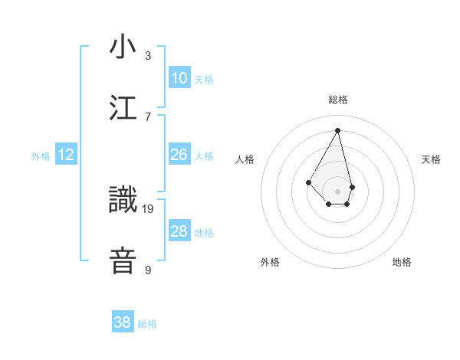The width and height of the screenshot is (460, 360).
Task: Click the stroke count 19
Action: (x=148, y=208)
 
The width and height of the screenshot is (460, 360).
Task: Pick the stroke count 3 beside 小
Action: (x=148, y=56)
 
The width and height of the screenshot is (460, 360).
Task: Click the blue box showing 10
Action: (x=179, y=78)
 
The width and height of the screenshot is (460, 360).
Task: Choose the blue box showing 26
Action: (x=179, y=155)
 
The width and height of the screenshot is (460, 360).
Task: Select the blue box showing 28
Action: (x=179, y=231)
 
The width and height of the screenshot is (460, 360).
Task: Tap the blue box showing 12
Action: (x=66, y=155)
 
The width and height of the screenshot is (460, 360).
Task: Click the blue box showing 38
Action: (x=123, y=322)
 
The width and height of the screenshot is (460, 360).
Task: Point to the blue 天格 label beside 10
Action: (x=204, y=79)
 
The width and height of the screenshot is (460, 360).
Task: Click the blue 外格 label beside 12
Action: (x=41, y=155)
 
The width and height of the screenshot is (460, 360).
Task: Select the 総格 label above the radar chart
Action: (x=337, y=100)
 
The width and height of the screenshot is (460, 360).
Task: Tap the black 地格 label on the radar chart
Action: (x=402, y=262)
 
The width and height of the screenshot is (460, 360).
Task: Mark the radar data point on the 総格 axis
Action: (x=337, y=129)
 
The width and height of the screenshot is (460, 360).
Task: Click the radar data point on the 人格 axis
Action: (x=308, y=182)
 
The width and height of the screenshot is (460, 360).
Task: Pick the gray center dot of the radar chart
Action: (x=337, y=191)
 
